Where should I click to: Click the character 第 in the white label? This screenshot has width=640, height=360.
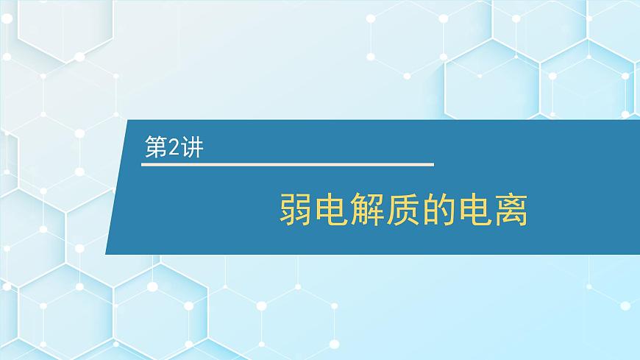(156, 148)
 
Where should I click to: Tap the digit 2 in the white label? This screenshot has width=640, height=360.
(172, 148)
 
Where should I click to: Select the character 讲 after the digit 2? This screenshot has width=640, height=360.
(190, 148)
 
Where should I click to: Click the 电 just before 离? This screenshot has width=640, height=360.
(474, 210)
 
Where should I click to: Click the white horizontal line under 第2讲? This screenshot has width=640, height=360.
(287, 163)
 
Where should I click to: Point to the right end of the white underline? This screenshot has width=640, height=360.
(433, 163)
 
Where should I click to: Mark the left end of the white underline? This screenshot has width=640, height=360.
(142, 163)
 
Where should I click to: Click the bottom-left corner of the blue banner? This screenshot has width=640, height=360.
(106, 254)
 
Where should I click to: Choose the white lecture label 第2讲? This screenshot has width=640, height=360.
(173, 148)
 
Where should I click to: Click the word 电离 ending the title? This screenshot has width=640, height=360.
(492, 210)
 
